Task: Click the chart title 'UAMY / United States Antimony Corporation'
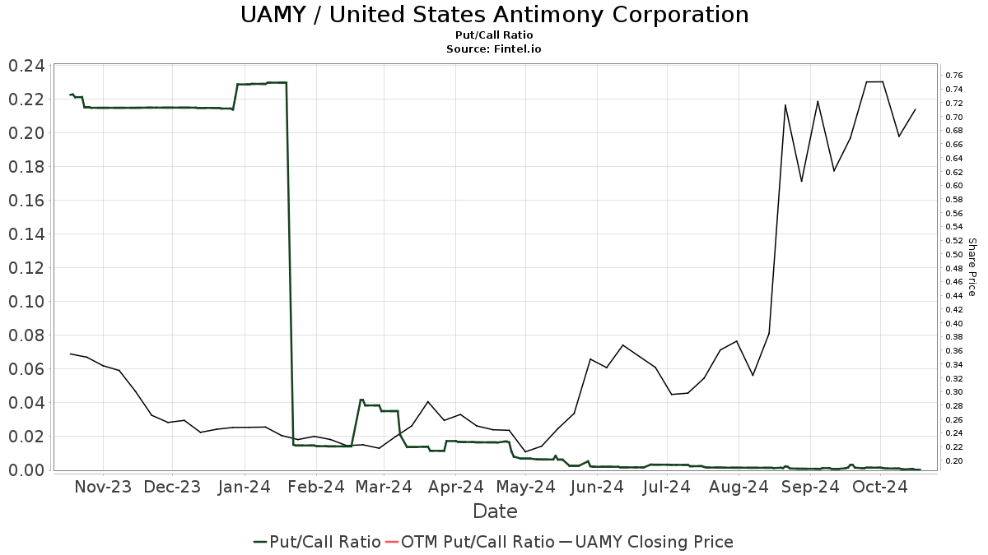coord(494,15)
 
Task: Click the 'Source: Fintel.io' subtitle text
coord(494,49)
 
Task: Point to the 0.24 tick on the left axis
coord(26,67)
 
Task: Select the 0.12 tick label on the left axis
coord(26,268)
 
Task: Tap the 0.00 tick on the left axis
coord(26,469)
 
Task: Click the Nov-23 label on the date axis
coord(103,487)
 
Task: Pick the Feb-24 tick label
coord(315,487)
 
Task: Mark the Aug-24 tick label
coord(739,487)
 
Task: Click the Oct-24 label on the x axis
coord(879,487)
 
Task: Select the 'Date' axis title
coord(494,511)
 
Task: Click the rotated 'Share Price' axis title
coord(972,267)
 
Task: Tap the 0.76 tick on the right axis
coord(954,76)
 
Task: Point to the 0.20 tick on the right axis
coord(954,460)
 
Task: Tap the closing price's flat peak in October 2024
coord(874,81)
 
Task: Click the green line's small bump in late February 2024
coord(362,400)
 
